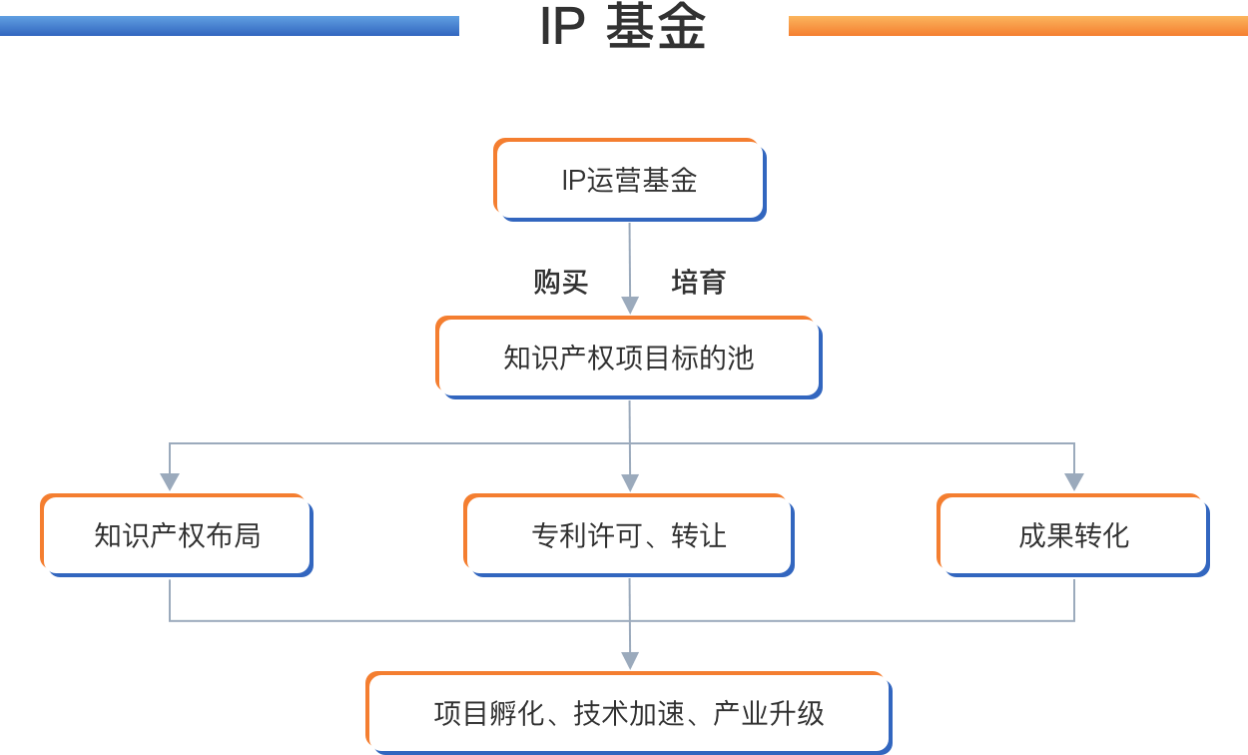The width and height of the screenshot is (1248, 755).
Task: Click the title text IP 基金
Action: coord(623,28)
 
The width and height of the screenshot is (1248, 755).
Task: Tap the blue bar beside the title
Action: coord(229,26)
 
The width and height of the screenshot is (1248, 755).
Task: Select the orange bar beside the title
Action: coord(1017,26)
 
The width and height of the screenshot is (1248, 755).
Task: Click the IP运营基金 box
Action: coord(629,180)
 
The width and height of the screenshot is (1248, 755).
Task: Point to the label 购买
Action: coord(561,283)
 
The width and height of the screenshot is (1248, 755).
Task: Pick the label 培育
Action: coord(698,283)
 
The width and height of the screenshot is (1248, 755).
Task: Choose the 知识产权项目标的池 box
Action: coord(628,358)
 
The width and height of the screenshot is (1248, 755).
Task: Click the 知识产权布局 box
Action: coord(177,535)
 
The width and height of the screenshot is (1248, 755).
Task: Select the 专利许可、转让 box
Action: coord(629,535)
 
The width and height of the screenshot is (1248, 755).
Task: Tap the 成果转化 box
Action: coord(1073,535)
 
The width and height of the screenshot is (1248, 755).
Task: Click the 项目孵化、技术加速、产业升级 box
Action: coord(629,713)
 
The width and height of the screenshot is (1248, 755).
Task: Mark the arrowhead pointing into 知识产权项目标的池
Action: coord(629,306)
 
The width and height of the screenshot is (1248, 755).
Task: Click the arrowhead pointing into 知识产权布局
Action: coord(170,481)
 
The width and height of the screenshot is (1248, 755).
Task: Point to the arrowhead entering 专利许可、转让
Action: coord(629,481)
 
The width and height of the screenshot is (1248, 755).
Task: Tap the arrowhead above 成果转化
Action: coord(1074,481)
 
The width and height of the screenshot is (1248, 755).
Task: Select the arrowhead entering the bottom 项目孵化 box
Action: coord(629,659)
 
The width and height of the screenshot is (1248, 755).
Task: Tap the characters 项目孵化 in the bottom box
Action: coord(489,713)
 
